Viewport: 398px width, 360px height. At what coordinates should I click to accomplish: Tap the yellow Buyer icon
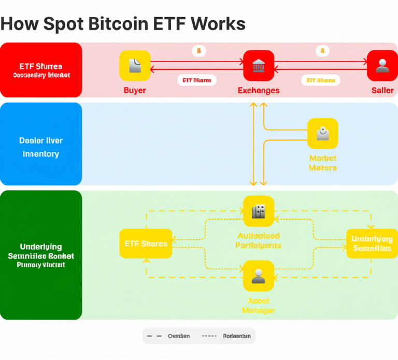point(135,65)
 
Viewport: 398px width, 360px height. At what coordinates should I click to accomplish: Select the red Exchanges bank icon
point(259,65)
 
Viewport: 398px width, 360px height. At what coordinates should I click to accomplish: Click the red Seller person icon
point(382,65)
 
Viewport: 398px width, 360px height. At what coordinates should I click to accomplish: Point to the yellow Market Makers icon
point(322,134)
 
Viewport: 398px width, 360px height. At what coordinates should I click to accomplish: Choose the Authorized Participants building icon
point(258,211)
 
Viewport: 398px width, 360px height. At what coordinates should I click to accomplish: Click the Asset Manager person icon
point(258,276)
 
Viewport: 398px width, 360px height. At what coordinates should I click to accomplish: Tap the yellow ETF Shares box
point(146,243)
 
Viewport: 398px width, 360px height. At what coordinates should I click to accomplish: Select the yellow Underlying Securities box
point(372,243)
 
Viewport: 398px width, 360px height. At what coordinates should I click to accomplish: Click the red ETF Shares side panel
point(41,70)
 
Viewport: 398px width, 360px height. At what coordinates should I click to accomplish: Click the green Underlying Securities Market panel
point(41,255)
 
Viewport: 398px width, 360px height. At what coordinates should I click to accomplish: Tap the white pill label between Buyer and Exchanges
point(197,80)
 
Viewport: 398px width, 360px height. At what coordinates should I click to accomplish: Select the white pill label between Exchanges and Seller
point(320,80)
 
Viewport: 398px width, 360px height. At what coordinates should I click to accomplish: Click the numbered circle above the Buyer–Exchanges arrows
point(198,51)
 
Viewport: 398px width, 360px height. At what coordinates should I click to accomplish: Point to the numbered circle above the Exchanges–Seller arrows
point(322,51)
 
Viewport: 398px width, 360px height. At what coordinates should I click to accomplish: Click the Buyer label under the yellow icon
point(135,90)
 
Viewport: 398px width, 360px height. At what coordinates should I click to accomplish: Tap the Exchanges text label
point(259,90)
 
